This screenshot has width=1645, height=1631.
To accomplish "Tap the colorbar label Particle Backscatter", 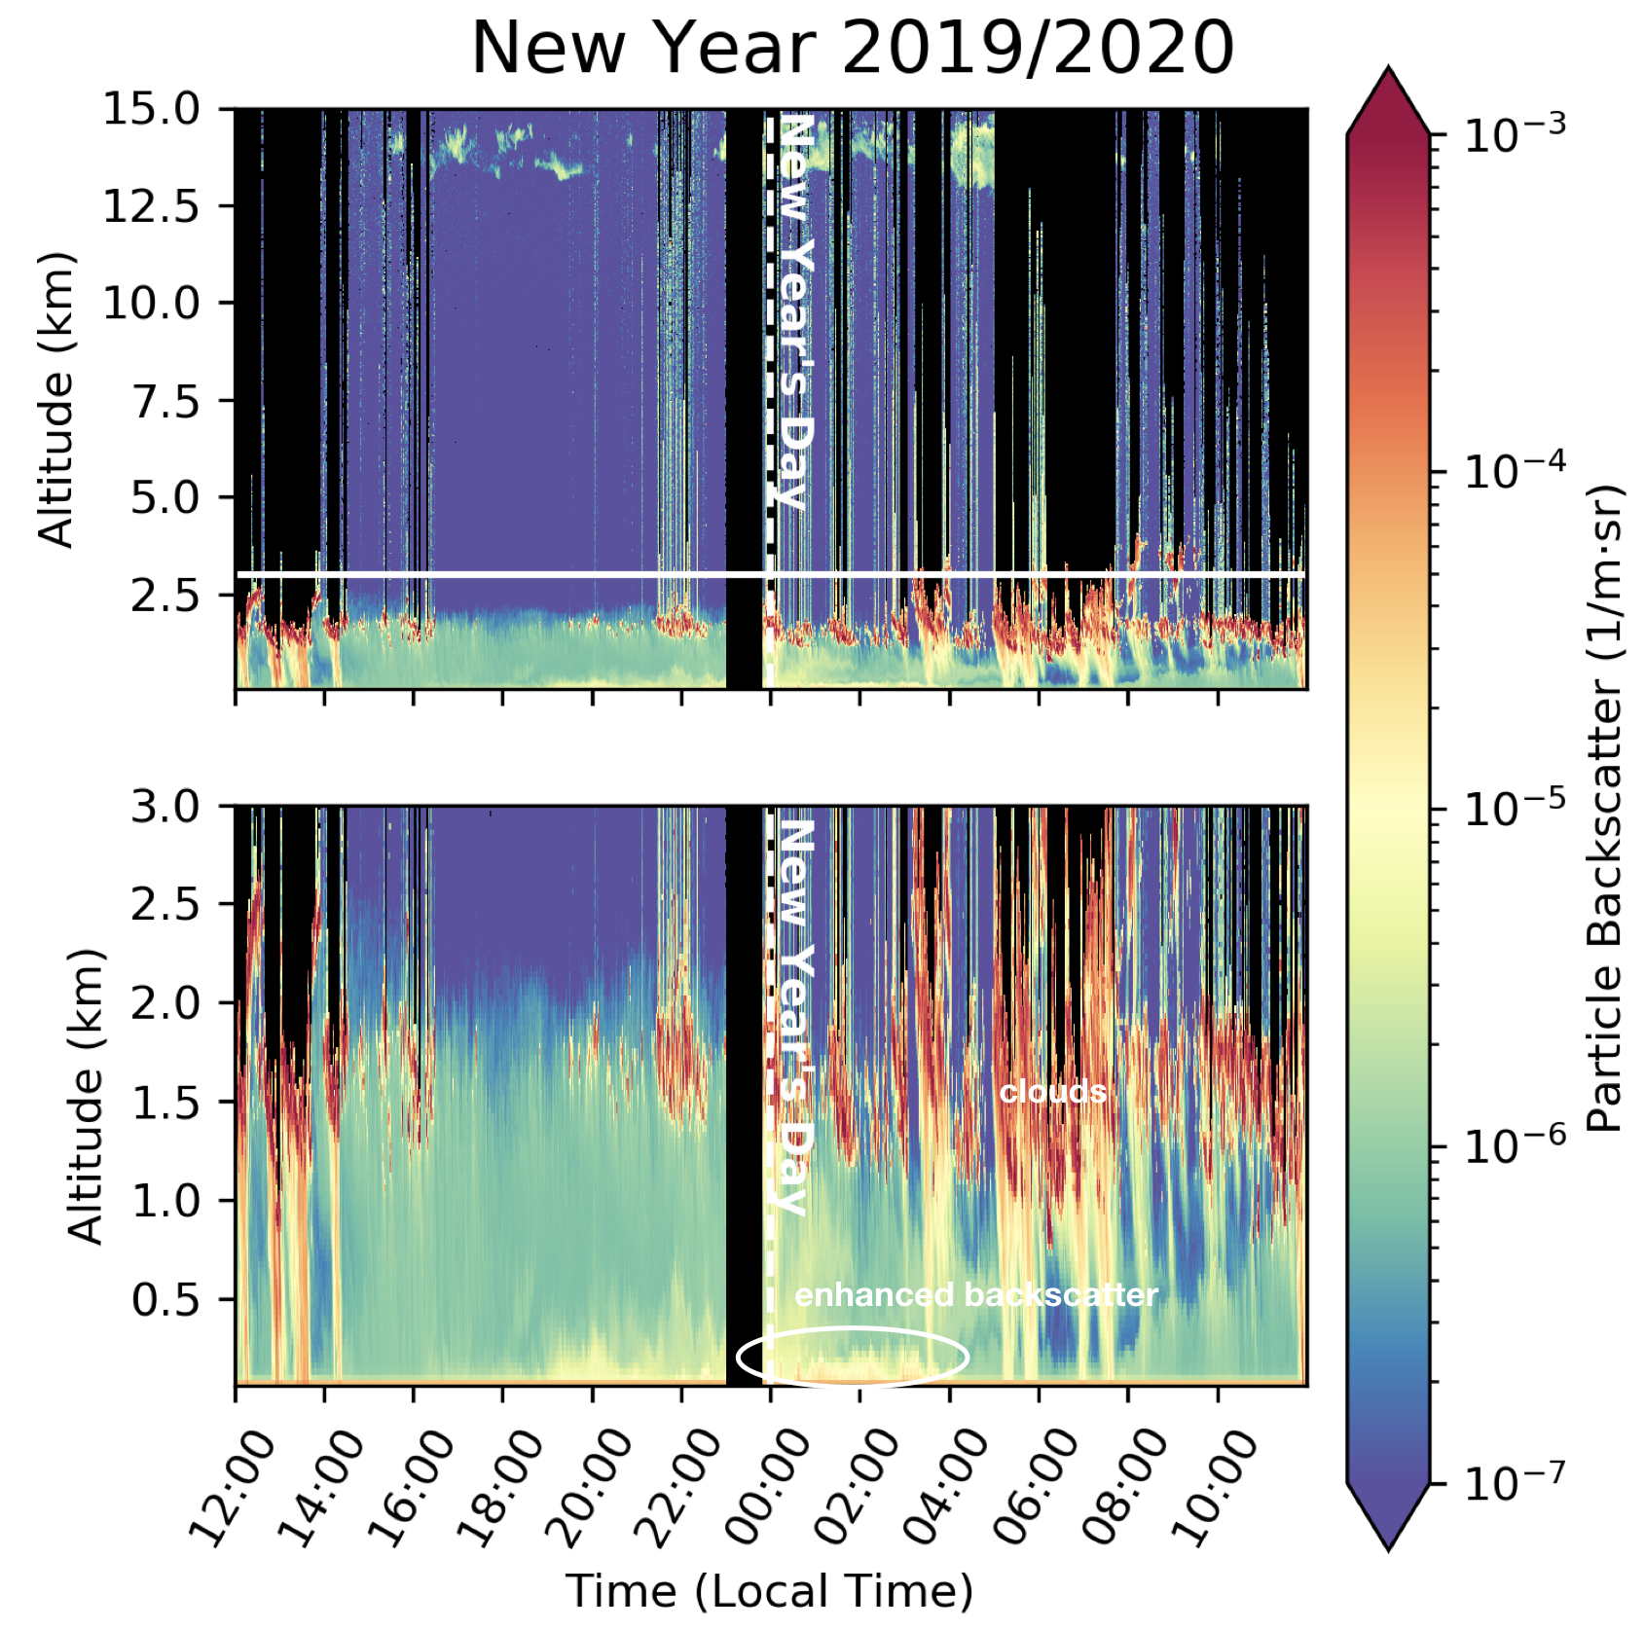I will coord(1606,808).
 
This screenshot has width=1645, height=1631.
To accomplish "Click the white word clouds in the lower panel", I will coord(1053,1092).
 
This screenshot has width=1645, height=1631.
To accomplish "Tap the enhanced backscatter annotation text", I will coord(976,1295).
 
